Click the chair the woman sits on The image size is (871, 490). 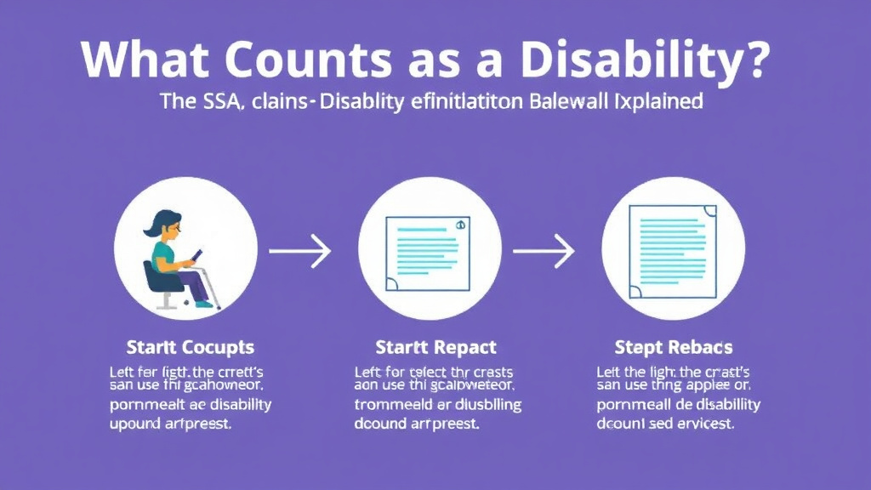(x=157, y=281)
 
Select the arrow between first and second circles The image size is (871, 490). (x=299, y=251)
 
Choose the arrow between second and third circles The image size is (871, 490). (x=544, y=251)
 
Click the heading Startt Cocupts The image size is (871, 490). (x=190, y=348)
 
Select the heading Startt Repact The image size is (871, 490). (x=435, y=348)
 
